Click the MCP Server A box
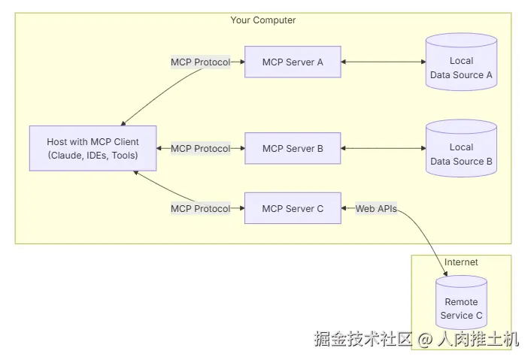coord(293,62)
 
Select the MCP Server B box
coord(293,149)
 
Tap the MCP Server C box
coord(293,208)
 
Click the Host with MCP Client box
coord(93,149)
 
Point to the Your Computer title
coord(262,20)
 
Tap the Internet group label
coord(461,262)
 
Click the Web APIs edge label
coord(376,208)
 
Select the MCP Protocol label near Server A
coord(200,62)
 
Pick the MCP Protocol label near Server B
coord(200,149)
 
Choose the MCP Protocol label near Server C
coord(200,208)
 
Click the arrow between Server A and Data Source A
coord(384,62)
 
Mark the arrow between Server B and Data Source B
coord(384,149)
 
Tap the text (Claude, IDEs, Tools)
coord(93,156)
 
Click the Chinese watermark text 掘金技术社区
coord(363,340)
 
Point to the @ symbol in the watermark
coord(425,340)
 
